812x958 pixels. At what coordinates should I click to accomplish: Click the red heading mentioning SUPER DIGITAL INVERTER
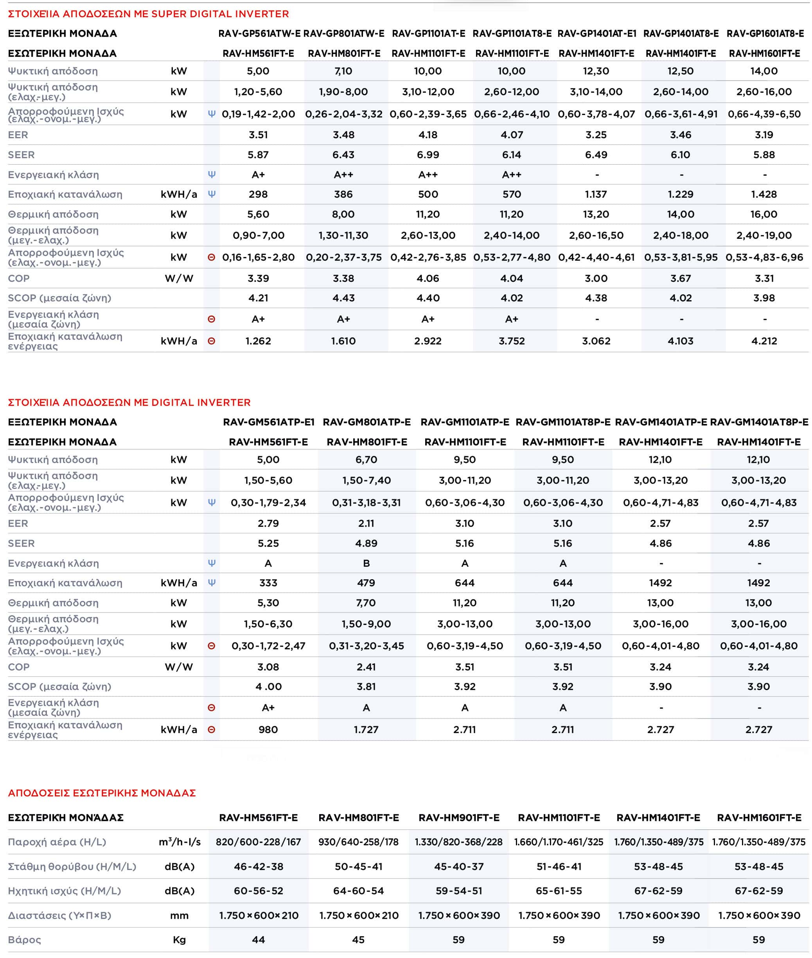[x=148, y=14]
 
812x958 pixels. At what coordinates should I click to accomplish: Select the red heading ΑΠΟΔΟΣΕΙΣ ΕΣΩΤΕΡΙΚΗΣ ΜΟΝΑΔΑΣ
[x=102, y=792]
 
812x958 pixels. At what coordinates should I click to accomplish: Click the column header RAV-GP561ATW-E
[x=259, y=34]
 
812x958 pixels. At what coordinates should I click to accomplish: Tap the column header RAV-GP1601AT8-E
[x=765, y=34]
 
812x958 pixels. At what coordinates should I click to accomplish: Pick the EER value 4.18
[x=428, y=135]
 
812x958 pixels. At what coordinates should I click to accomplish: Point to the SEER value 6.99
[x=428, y=155]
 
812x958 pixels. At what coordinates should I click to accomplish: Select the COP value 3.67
[x=680, y=278]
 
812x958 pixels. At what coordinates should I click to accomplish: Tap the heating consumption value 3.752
[x=512, y=341]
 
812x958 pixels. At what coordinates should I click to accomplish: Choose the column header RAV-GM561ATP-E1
[x=269, y=422]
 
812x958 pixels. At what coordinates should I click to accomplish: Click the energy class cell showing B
[x=366, y=563]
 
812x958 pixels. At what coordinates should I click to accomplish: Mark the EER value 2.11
[x=366, y=523]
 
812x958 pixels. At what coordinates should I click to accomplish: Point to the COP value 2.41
[x=366, y=666]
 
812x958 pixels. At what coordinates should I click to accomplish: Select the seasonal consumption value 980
[x=268, y=729]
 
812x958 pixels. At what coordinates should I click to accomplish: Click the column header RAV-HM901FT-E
[x=459, y=818]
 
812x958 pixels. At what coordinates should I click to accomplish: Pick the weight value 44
[x=258, y=940]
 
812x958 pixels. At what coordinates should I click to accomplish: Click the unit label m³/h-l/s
[x=180, y=842]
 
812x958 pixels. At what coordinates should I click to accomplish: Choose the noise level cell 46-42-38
[x=258, y=866]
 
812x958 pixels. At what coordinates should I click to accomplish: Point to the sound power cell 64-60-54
[x=358, y=891]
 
